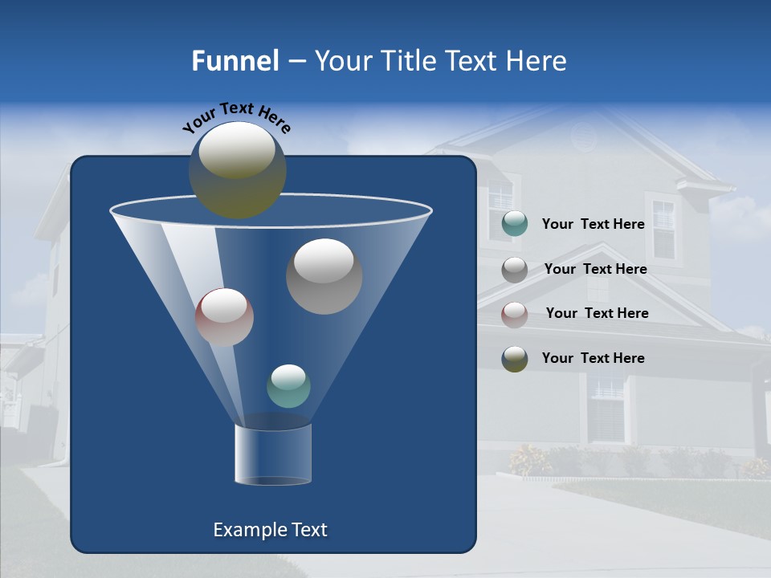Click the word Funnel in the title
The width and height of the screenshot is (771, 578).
(235, 61)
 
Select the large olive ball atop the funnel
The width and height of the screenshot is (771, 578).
(238, 169)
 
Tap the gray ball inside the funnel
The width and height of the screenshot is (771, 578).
(324, 276)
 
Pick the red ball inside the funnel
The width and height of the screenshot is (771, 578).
(224, 317)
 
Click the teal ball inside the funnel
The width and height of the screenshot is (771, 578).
(288, 386)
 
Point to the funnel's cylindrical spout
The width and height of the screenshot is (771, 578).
(273, 454)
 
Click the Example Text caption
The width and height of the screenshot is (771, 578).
(271, 530)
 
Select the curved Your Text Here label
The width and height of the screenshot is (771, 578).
(236, 117)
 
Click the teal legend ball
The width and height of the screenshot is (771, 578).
(515, 224)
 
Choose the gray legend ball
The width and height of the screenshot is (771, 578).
(515, 270)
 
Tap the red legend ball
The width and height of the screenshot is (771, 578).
(515, 314)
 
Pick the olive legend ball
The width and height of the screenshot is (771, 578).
(515, 359)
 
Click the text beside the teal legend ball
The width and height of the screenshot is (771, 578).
(594, 224)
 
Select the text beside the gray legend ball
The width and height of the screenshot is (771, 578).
(596, 269)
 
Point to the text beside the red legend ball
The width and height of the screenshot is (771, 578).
(598, 313)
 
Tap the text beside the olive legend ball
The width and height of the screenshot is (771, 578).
(594, 358)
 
